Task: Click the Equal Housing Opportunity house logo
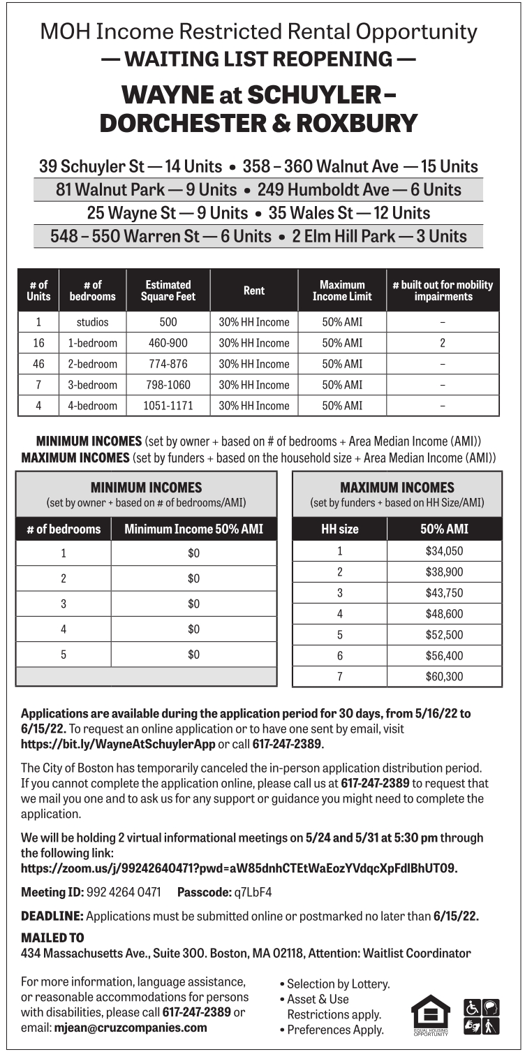(431, 1014)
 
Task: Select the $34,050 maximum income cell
(444, 551)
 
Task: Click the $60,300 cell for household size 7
(444, 676)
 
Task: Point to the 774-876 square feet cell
(168, 364)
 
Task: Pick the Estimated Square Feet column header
(168, 291)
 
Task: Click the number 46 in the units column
(38, 364)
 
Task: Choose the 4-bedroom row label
(92, 405)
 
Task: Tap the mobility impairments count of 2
(443, 343)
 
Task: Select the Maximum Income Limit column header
(342, 291)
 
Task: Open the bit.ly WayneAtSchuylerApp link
(118, 744)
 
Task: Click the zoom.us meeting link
(239, 868)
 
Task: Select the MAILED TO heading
(52, 937)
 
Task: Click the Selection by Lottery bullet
(338, 984)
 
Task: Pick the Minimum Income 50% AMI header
(193, 529)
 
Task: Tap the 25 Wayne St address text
(132, 212)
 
